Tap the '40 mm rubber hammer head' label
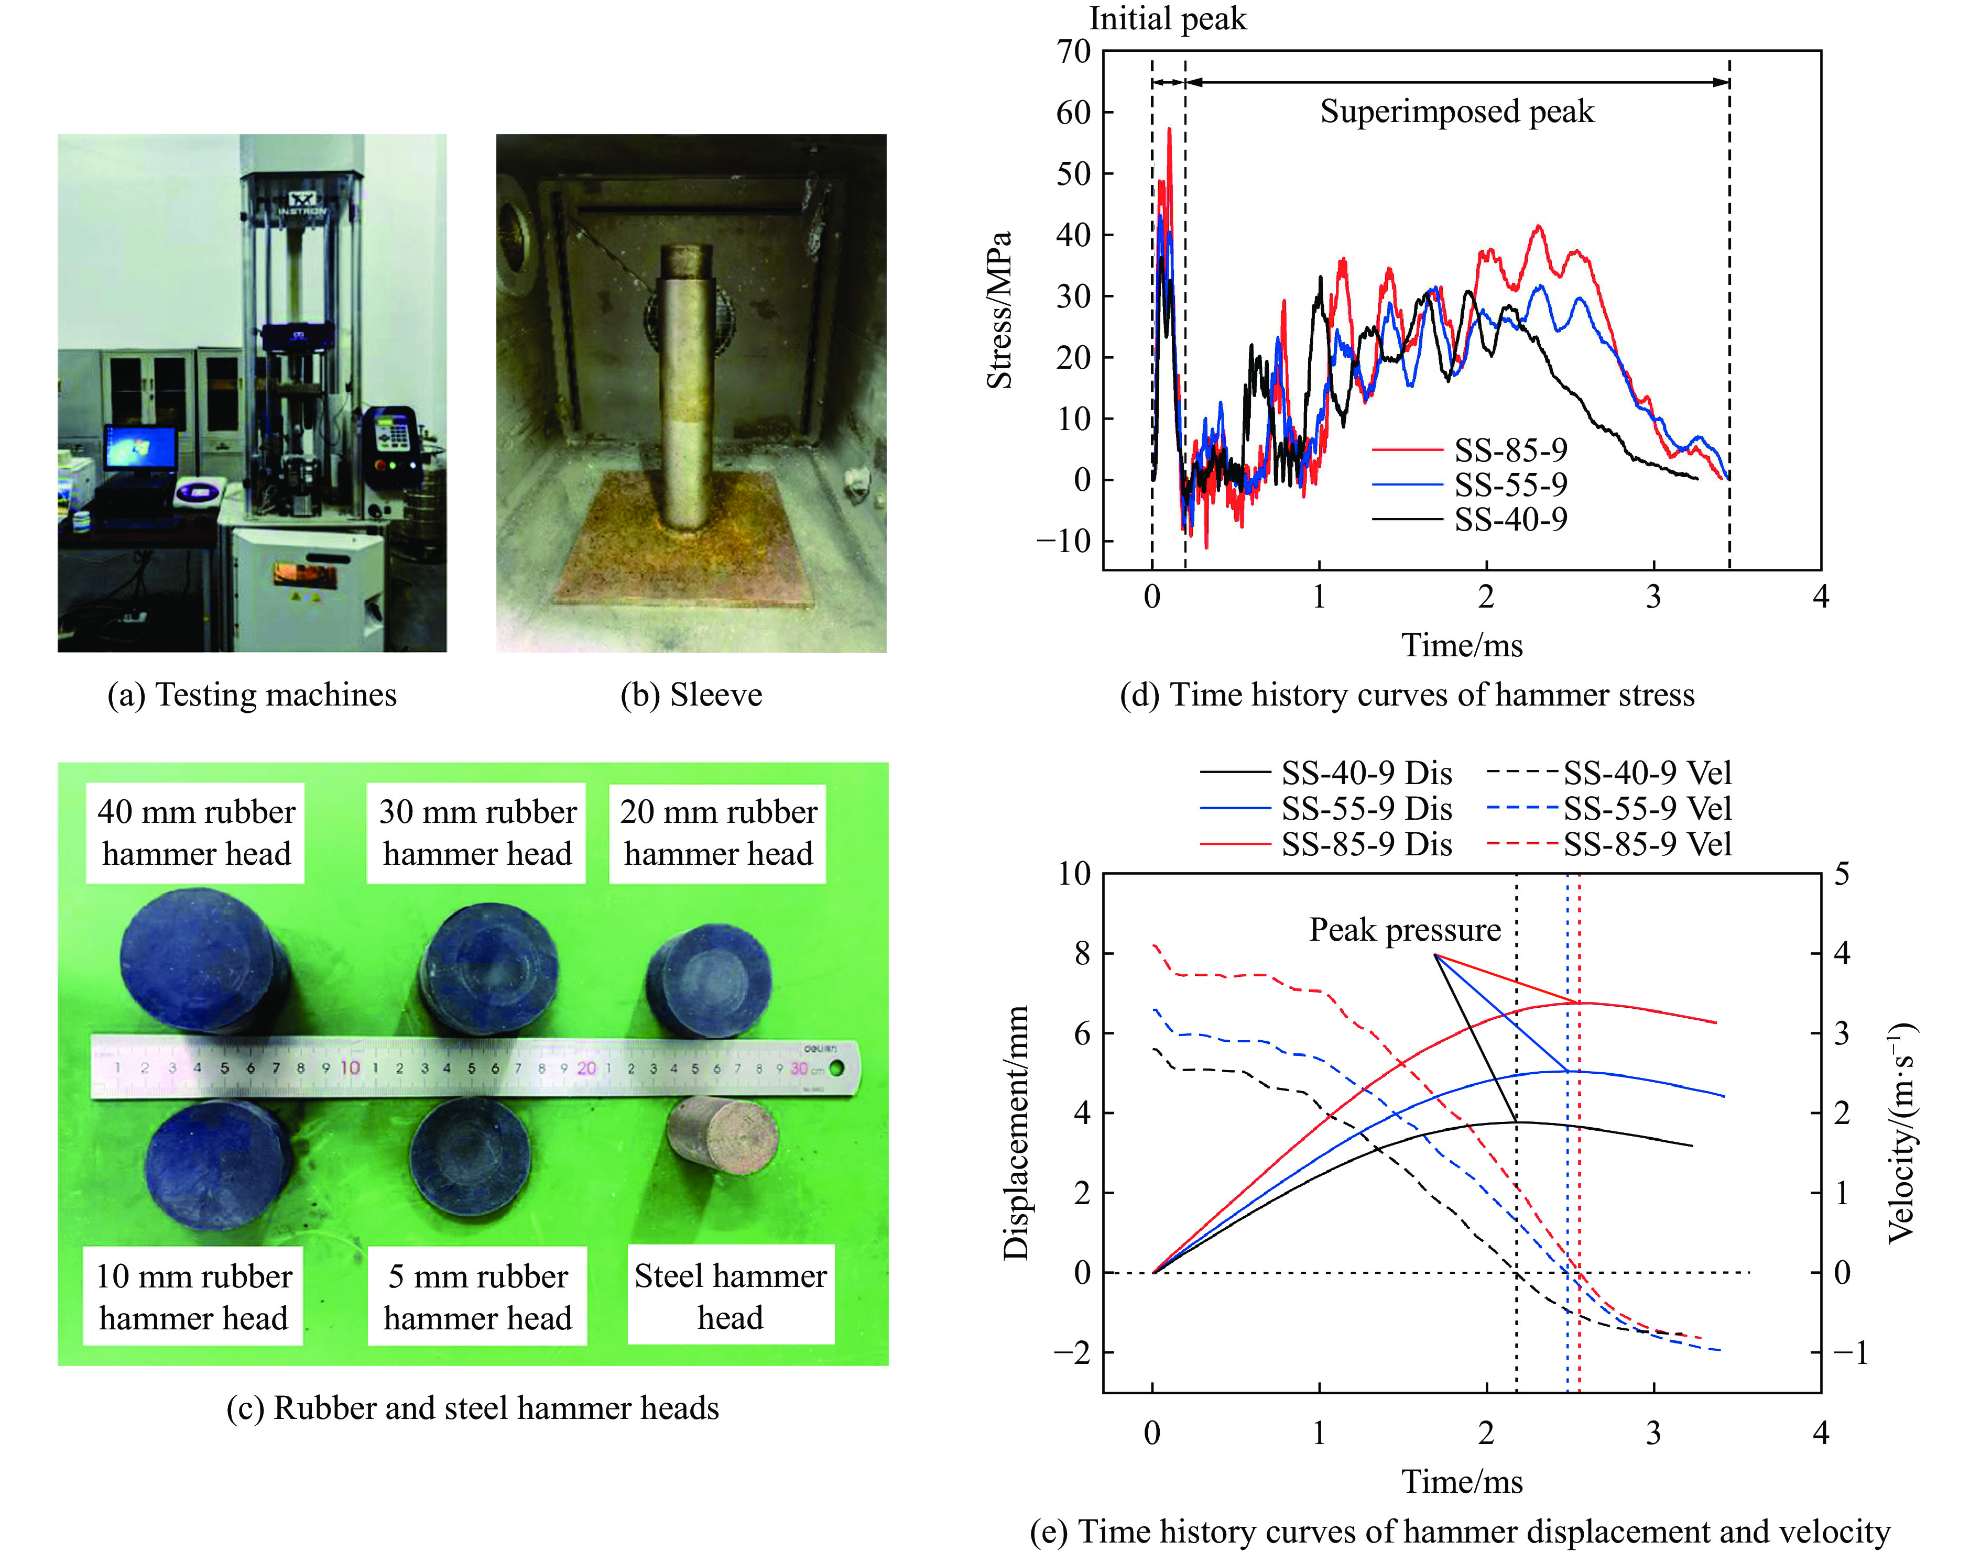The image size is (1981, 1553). (195, 833)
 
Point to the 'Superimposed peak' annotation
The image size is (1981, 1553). (1456, 112)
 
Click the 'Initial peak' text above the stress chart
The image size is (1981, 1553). (1167, 19)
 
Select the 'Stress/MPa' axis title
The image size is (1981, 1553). (999, 310)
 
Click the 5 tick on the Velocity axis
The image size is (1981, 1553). (1842, 874)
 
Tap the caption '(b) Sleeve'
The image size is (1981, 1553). (691, 695)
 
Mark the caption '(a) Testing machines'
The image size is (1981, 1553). (252, 695)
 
